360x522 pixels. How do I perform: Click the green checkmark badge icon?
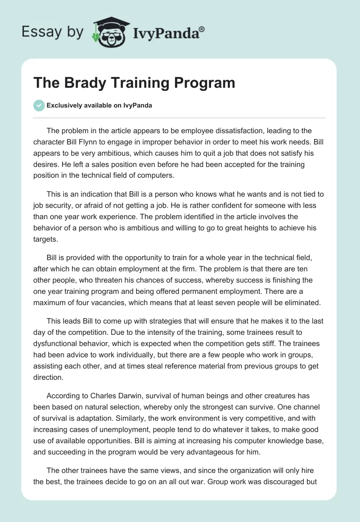[39, 105]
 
